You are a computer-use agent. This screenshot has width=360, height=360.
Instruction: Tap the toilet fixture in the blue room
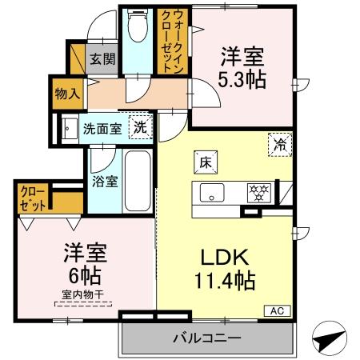(x=136, y=26)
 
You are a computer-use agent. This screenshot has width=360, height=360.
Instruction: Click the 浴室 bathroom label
(x=105, y=181)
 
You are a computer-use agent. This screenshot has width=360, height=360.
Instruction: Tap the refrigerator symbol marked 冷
(x=279, y=145)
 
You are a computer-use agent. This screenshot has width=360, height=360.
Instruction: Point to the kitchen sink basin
(x=212, y=193)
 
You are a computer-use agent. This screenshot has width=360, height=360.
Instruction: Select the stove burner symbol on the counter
(x=258, y=193)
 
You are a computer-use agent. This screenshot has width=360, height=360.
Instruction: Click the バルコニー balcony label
(x=206, y=338)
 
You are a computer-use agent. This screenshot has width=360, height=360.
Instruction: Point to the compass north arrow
(x=328, y=340)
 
